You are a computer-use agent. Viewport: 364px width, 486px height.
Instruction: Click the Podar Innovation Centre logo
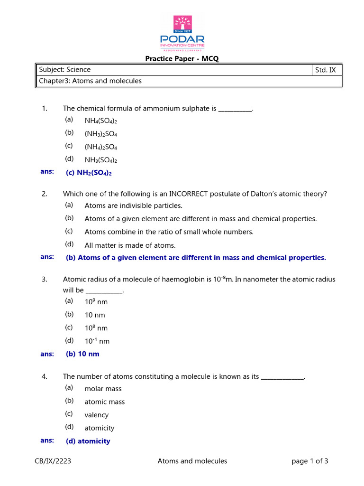[x=182, y=33]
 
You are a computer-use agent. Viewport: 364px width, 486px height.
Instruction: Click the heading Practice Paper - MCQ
[x=182, y=59]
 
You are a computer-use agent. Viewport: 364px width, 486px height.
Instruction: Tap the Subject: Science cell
[x=65, y=70]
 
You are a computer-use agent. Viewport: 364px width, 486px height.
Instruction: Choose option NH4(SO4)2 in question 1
[x=100, y=121]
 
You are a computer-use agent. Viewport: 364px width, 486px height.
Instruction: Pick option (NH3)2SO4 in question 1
[x=100, y=134]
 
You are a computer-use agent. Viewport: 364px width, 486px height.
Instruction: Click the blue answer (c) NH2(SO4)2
[x=89, y=173]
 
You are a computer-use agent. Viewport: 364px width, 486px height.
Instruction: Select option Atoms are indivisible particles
[x=133, y=206]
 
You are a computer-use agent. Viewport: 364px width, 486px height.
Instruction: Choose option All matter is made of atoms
[x=130, y=245]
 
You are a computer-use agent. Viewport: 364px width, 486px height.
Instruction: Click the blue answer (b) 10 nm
[x=82, y=354]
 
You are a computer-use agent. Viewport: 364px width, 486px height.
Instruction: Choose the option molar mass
[x=103, y=389]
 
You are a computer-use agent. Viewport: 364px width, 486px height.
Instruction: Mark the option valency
[x=96, y=415]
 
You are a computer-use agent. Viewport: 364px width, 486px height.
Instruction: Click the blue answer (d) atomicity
[x=88, y=441]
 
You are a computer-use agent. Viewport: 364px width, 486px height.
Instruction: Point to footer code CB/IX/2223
[x=53, y=461]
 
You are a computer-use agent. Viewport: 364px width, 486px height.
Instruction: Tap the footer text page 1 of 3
[x=310, y=461]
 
